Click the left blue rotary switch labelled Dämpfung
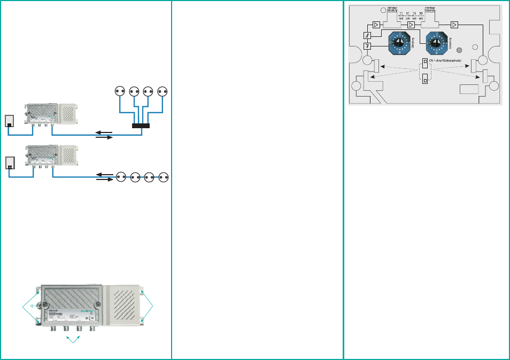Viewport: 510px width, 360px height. click(397, 42)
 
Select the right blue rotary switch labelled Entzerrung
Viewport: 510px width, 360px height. click(436, 42)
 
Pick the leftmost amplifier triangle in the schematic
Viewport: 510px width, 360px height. click(376, 25)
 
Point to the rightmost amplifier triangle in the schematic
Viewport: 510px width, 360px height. click(454, 25)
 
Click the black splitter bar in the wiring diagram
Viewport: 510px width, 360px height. click(141, 126)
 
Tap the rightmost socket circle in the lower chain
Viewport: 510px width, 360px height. click(163, 176)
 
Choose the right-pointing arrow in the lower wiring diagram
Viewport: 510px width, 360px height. click(104, 180)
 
